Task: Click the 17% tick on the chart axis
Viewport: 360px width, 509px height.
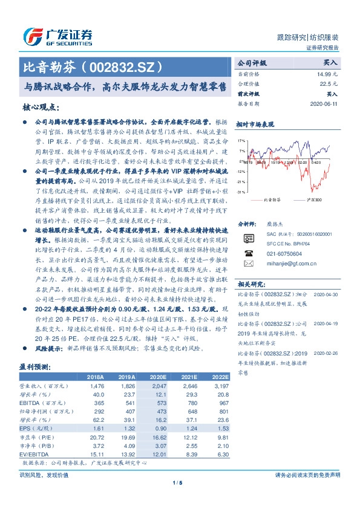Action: point(241,140)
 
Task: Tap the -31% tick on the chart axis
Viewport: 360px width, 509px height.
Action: point(241,192)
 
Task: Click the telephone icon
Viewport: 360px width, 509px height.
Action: point(247,238)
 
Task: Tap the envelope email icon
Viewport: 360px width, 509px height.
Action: point(247,247)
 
